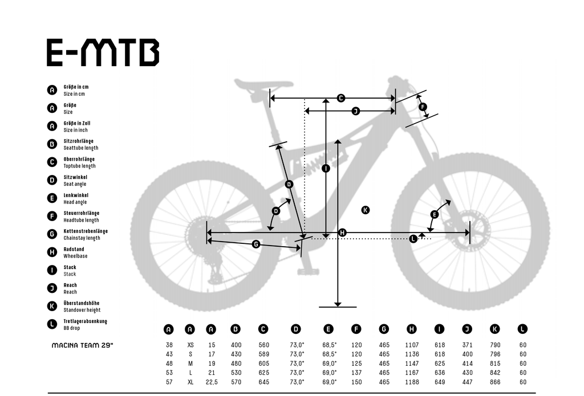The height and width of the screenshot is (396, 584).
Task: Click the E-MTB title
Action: click(103, 52)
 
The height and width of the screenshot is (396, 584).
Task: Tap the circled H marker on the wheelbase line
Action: click(342, 232)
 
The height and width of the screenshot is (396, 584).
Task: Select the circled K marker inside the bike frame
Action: click(366, 210)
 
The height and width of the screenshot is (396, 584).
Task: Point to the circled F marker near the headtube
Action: click(423, 107)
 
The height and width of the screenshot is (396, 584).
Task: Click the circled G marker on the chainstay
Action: click(256, 244)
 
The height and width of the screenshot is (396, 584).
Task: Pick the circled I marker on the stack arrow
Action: click(326, 169)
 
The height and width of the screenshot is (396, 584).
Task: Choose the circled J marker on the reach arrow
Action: click(356, 111)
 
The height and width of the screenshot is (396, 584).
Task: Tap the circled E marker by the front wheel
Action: click(434, 214)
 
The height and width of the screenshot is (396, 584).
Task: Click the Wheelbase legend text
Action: click(75, 256)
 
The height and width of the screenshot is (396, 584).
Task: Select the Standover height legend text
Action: click(82, 310)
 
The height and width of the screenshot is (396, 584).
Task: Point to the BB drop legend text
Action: click(71, 328)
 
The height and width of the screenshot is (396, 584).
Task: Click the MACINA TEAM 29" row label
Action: click(82, 345)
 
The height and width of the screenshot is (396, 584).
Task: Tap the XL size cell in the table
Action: click(190, 382)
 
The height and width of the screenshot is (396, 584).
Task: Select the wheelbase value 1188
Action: click(412, 382)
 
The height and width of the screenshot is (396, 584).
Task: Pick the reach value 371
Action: click(467, 345)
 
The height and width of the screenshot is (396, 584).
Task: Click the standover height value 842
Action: click(495, 373)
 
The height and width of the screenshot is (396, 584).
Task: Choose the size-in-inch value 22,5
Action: click(212, 382)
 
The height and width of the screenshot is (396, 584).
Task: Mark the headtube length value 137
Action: click(356, 373)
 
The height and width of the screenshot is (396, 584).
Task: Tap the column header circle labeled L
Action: click(522, 329)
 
